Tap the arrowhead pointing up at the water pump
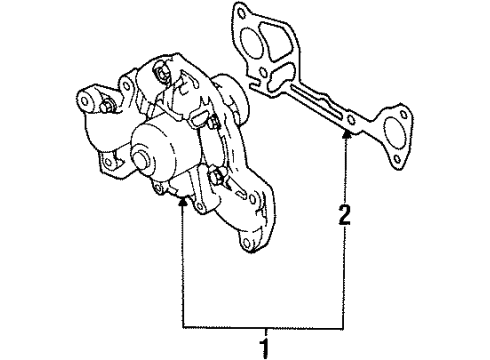tap(183, 200)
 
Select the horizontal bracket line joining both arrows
tap(265, 327)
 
